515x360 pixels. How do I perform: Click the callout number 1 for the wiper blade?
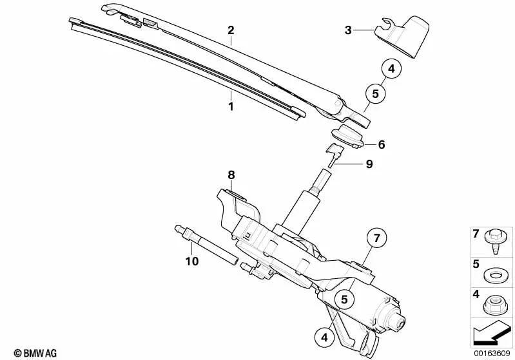tap(231, 106)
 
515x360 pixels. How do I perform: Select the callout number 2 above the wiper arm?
tap(231, 30)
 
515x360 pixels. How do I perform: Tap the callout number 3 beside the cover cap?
tap(348, 30)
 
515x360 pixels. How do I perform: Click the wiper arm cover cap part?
tap(402, 36)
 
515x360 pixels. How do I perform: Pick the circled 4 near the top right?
tap(391, 69)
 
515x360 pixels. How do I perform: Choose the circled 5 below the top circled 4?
tap(375, 93)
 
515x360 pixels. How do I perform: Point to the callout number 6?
tap(382, 144)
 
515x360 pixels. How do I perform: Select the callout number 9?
tap(369, 164)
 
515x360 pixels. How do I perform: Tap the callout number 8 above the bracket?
tap(231, 175)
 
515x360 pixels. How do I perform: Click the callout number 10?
tap(192, 261)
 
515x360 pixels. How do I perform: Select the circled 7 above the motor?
tap(376, 238)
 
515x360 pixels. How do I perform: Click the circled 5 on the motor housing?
tap(344, 299)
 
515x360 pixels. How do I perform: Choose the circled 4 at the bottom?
tap(324, 337)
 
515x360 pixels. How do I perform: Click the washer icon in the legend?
tap(494, 275)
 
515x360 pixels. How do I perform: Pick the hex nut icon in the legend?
tap(494, 305)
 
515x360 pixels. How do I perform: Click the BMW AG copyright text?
tap(35, 353)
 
